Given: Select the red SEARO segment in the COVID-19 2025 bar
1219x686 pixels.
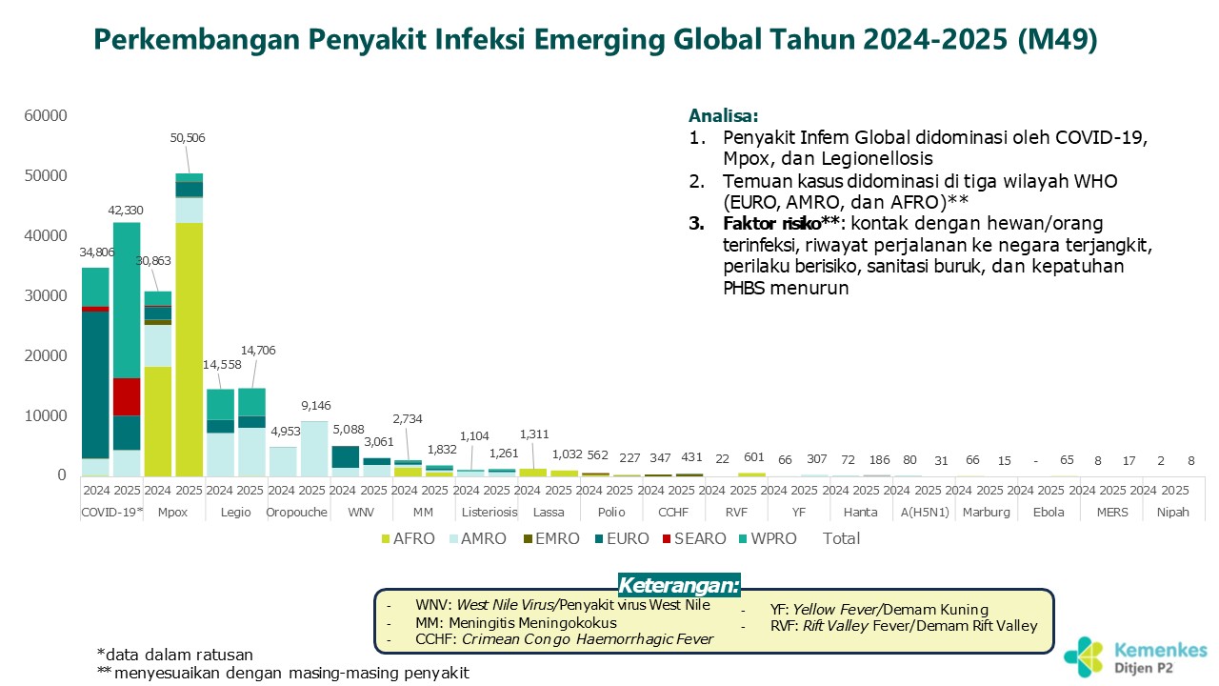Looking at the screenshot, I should pos(127,396).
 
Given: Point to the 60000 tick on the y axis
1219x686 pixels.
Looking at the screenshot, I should pos(45,116).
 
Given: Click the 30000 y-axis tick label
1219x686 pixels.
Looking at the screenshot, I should pos(45,296).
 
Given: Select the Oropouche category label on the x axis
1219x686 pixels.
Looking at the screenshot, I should pos(298,512).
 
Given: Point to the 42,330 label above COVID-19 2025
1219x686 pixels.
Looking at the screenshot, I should pos(127,211).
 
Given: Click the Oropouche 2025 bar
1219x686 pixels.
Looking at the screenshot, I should pos(313,449).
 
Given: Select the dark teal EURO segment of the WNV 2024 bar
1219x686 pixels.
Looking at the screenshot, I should pos(345,456).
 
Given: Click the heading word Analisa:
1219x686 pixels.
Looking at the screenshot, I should pos(723,116).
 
